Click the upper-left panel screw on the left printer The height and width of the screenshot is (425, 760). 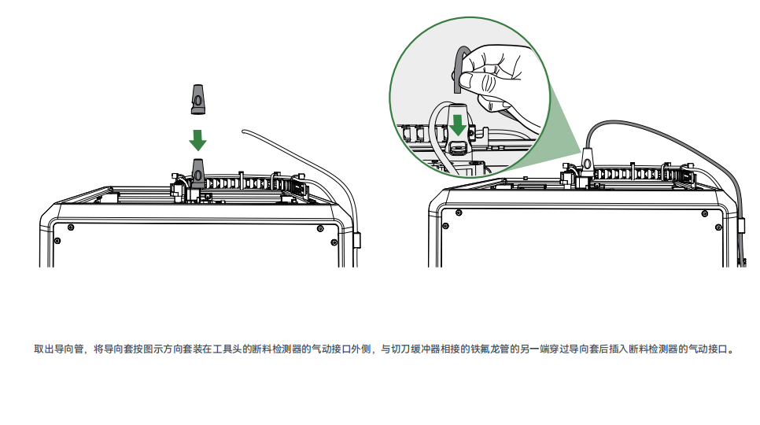tap(71, 227)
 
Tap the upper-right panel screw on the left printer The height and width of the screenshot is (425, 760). tap(319, 228)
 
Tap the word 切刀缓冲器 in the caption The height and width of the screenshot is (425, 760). tap(411, 349)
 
